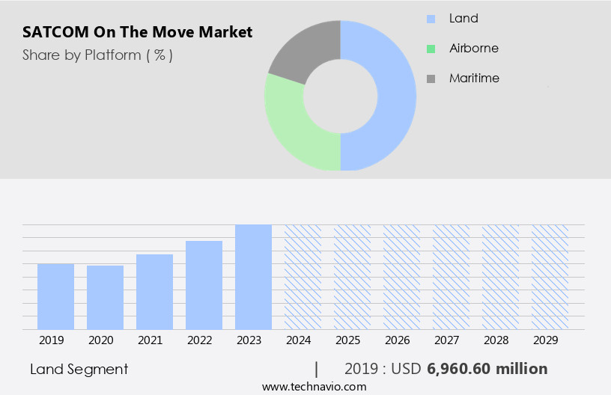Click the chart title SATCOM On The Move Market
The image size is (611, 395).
[x=137, y=32]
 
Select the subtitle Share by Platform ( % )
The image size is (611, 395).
[x=97, y=55]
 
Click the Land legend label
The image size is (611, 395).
[x=463, y=18]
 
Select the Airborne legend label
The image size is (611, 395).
[x=473, y=48]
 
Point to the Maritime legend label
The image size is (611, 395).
[x=474, y=78]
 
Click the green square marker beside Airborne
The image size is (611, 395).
[x=431, y=49]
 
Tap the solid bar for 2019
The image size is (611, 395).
[x=55, y=297]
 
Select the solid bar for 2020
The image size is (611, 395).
[x=105, y=298]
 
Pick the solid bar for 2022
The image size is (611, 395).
[x=204, y=285]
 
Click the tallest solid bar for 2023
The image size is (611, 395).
[x=253, y=277]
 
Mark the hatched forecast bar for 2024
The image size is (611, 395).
[x=303, y=277]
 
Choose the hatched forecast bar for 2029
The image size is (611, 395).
[x=550, y=277]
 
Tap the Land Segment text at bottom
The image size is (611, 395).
[x=79, y=369]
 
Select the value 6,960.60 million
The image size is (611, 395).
[x=487, y=369]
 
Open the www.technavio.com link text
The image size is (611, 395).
[x=314, y=387]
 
